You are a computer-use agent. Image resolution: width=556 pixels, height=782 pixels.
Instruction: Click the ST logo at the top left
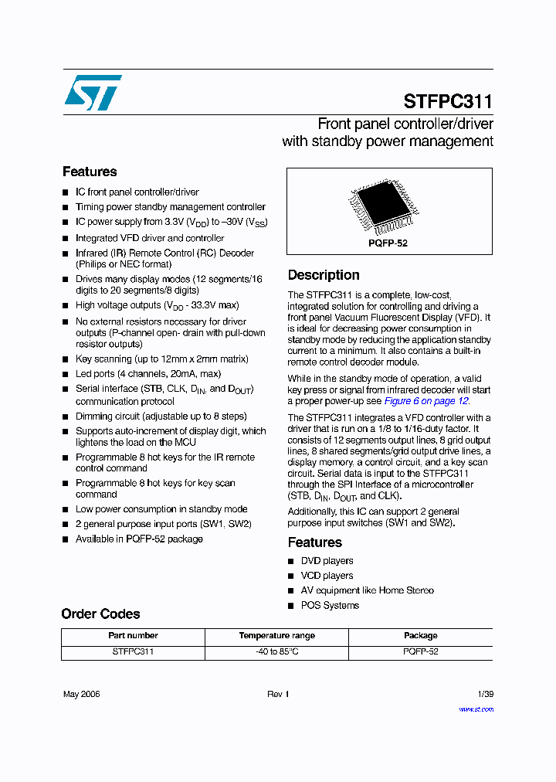click(x=93, y=93)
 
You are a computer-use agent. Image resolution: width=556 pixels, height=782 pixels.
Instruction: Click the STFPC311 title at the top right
click(x=448, y=101)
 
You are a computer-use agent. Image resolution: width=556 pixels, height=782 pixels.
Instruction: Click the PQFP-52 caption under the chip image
click(x=388, y=243)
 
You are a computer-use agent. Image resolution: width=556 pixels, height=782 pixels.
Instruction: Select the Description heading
click(x=324, y=275)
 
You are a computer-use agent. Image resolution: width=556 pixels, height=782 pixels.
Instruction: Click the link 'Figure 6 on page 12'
click(x=426, y=401)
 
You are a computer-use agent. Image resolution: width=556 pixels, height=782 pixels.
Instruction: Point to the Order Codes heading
click(x=100, y=614)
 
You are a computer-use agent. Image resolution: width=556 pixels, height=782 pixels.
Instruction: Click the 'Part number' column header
click(x=133, y=636)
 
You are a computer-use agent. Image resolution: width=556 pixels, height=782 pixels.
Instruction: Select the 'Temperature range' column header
click(x=276, y=636)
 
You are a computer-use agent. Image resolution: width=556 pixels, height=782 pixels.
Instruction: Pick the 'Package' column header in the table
click(x=420, y=636)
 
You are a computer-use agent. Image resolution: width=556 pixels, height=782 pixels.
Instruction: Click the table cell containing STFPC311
click(x=133, y=652)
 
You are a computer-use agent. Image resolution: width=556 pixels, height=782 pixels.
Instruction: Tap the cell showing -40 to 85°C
click(x=276, y=652)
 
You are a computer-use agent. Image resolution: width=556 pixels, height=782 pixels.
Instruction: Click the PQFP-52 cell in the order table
click(x=420, y=652)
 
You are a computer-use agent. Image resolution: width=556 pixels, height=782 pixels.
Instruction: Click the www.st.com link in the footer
click(x=476, y=709)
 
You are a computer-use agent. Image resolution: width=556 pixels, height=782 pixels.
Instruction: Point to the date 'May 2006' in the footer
click(x=81, y=694)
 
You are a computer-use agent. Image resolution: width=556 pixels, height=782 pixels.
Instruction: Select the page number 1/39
click(x=485, y=694)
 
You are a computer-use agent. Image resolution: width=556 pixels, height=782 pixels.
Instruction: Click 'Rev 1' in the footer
click(x=278, y=694)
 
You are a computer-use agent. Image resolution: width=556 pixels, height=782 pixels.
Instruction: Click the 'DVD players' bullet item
click(x=327, y=561)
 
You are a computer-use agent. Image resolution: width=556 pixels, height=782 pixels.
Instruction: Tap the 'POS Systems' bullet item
click(x=330, y=605)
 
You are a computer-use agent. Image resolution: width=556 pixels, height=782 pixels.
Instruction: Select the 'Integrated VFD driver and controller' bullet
click(x=150, y=238)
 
